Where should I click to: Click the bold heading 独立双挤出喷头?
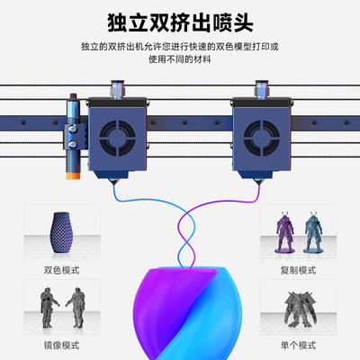pyautogui.click(x=180, y=22)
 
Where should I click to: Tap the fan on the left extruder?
pyautogui.click(x=118, y=139)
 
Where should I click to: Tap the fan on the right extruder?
pyautogui.click(x=262, y=139)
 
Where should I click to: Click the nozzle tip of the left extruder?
pyautogui.click(x=113, y=184)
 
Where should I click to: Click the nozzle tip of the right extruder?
pyautogui.click(x=258, y=184)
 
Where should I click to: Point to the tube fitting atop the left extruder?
pyautogui.click(x=118, y=89)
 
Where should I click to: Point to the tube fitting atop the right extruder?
pyautogui.click(x=261, y=89)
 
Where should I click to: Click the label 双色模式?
pyautogui.click(x=61, y=270)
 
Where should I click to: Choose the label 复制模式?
pyautogui.click(x=298, y=270)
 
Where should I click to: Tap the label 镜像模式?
pyautogui.click(x=61, y=346)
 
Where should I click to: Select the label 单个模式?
pyautogui.click(x=298, y=346)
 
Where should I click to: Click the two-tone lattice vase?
pyautogui.click(x=61, y=232)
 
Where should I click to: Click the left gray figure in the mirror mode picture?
pyautogui.click(x=49, y=308)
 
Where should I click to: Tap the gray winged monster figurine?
pyautogui.click(x=299, y=309)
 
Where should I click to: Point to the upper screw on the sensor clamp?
pyautogui.click(x=73, y=129)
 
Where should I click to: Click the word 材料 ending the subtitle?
pyautogui.click(x=202, y=59)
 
